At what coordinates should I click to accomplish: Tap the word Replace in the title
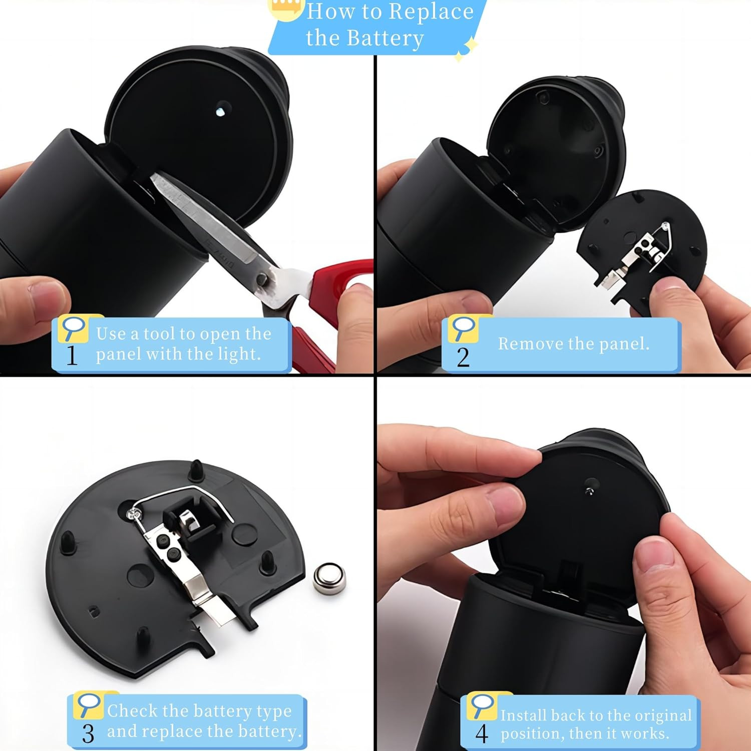pos(431,12)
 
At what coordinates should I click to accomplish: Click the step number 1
pos(72,355)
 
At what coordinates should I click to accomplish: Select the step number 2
pos(463,357)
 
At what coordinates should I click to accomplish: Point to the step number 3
pos(88,734)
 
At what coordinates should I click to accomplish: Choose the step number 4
pos(482,734)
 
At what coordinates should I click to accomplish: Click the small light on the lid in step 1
pos(220,111)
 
